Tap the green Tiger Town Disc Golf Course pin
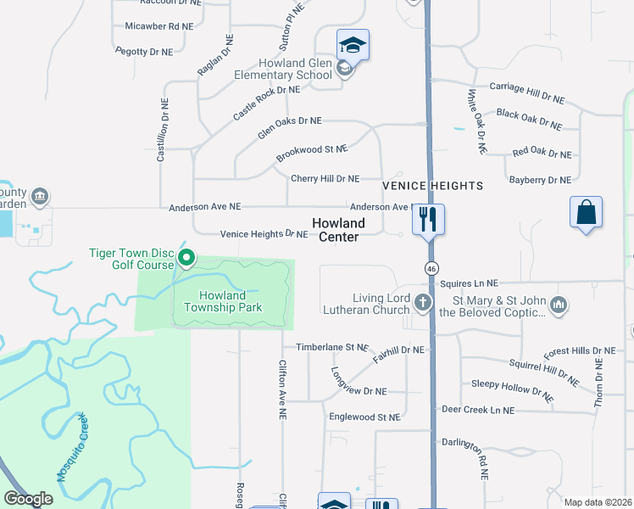(187, 257)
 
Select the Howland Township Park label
(231, 301)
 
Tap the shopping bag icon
(587, 212)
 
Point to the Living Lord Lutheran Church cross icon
(423, 301)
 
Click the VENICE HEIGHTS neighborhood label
(432, 185)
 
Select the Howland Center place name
(338, 230)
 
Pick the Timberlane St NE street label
(332, 348)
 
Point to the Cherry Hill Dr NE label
(325, 179)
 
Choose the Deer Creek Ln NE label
(477, 410)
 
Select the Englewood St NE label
(364, 417)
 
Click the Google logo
(29, 499)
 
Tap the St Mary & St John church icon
(558, 304)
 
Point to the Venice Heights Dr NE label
(264, 234)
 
